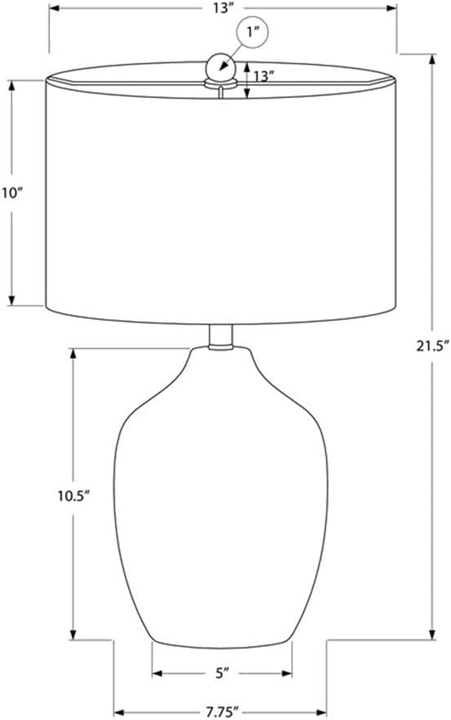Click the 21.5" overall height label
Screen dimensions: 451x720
tap(432, 346)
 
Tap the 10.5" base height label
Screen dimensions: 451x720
tap(73, 496)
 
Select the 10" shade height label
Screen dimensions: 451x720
tap(12, 194)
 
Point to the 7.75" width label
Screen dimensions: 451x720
tap(222, 712)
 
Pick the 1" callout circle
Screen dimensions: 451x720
tap(252, 32)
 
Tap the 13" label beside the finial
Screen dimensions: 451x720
tap(264, 77)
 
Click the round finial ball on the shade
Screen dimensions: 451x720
tap(222, 68)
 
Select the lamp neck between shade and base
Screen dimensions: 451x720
tap(220, 336)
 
